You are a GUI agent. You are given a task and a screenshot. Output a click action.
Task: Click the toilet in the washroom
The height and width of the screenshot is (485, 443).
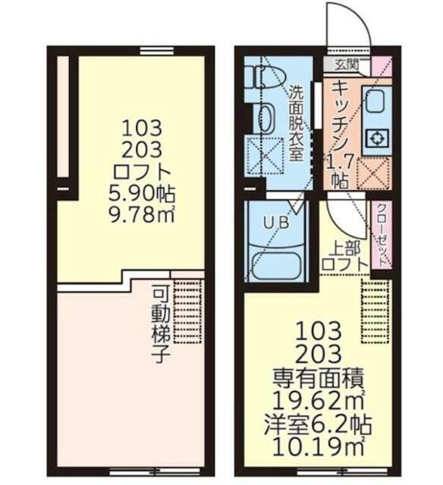coord(261,77)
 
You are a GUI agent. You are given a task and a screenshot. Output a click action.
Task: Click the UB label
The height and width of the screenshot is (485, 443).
coord(276,222)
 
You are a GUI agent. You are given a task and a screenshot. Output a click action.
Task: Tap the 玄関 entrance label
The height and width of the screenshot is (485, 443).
coord(347,64)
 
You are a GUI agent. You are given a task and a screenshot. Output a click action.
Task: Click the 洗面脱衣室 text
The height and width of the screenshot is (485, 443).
coord(296,123)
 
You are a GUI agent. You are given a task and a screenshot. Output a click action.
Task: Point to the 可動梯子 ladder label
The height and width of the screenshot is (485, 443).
coord(161,325)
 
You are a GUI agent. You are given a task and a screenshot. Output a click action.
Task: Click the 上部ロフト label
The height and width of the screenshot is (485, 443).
coord(345,256)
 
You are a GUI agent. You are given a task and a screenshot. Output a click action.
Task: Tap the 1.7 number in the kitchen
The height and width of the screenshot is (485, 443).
coord(341,161)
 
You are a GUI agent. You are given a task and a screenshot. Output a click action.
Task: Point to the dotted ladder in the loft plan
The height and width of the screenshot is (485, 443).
coord(187,311)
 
